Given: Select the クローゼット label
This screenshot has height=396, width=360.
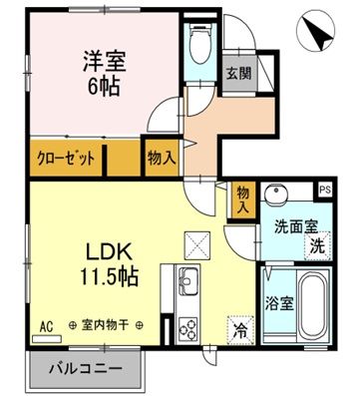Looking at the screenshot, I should click(68, 158).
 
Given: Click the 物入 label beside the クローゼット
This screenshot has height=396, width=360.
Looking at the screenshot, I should click(162, 158).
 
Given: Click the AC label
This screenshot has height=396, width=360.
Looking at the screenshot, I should click(46, 325).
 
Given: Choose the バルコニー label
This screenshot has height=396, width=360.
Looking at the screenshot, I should click(88, 368).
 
